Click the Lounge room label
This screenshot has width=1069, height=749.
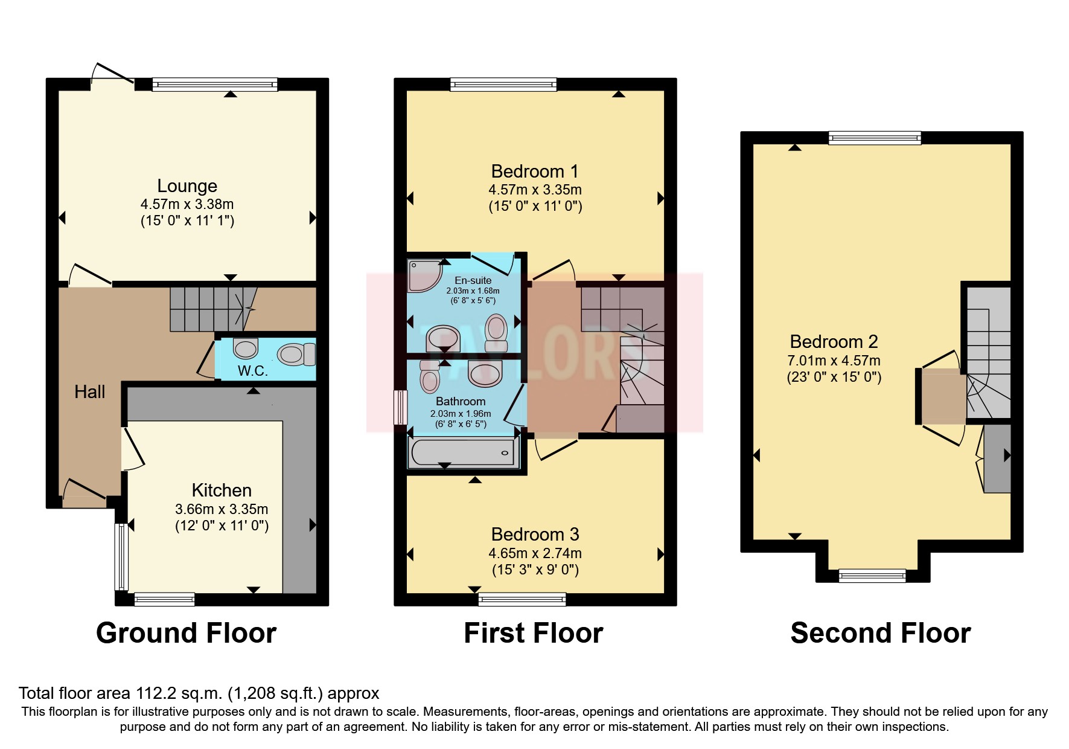tap(187, 186)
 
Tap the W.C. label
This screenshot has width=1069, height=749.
tap(252, 371)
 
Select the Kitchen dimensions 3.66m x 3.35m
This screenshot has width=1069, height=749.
tap(222, 509)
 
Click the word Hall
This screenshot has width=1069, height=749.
tap(89, 392)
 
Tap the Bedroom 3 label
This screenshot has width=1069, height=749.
tap(535, 535)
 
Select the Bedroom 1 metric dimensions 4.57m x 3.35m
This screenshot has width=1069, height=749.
tap(535, 190)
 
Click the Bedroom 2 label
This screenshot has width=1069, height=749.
tap(834, 342)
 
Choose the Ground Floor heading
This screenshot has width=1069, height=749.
tap(186, 633)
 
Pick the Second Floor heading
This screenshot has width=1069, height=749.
tap(880, 633)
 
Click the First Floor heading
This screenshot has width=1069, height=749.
tap(533, 633)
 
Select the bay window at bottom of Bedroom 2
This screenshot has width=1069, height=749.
tap(872, 575)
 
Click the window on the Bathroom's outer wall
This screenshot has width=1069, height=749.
tap(400, 407)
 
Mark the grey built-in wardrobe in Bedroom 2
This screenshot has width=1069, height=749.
tap(997, 458)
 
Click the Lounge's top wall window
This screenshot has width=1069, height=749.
tap(214, 85)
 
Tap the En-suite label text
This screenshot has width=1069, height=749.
tap(473, 280)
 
